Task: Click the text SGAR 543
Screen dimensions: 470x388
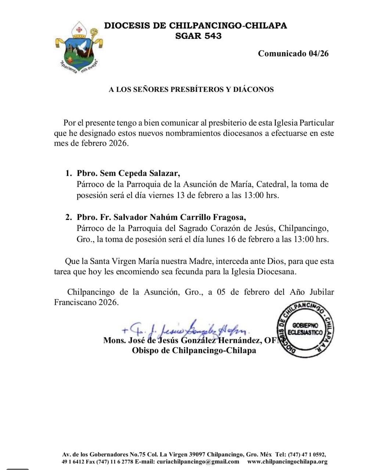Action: [x=198, y=36]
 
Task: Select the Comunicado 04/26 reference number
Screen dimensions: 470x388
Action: [x=293, y=54]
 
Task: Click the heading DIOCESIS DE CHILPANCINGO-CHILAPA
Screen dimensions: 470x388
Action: [x=195, y=26]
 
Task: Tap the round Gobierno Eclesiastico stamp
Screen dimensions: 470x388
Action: [x=305, y=328]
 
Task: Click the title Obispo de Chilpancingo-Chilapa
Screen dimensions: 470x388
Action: [x=194, y=351]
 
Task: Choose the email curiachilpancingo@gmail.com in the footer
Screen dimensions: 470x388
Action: [x=198, y=462]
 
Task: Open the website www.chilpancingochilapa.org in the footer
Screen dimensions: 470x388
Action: [x=287, y=462]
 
